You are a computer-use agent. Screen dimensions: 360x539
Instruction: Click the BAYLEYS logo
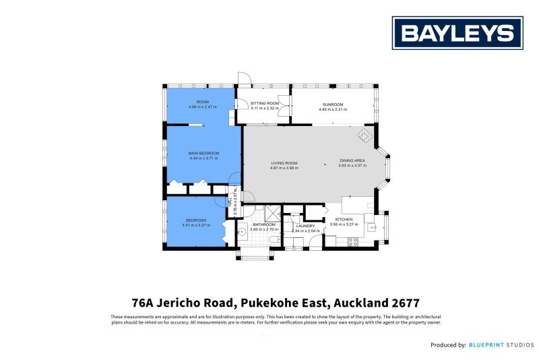[457, 33]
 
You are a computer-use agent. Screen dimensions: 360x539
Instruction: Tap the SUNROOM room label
[333, 104]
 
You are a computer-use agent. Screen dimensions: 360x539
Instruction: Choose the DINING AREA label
[352, 161]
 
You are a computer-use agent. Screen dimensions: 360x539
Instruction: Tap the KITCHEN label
[344, 220]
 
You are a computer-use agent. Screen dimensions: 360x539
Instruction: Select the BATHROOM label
[263, 224]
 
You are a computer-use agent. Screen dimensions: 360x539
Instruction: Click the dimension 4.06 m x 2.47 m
[202, 107]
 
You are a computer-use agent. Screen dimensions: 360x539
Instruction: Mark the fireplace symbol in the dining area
[364, 137]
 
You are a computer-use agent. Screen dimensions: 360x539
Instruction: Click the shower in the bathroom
[272, 212]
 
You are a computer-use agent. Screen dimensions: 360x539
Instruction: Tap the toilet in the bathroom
[272, 240]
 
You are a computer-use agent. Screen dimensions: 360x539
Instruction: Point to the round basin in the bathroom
[242, 231]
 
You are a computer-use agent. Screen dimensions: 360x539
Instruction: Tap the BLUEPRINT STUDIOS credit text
[497, 344]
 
